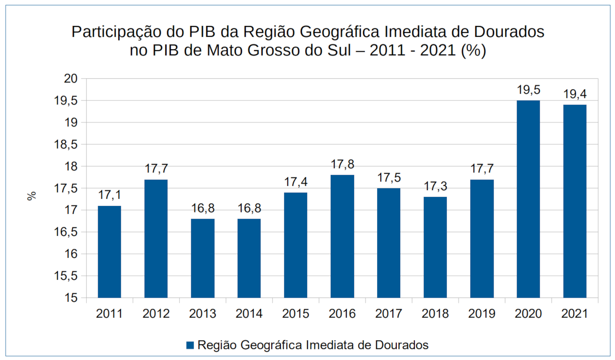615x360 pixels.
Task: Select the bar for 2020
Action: coord(528,199)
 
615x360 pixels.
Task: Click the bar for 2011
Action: coord(109,252)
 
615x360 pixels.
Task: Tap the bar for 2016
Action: coord(342,236)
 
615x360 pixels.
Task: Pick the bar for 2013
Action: coord(203,258)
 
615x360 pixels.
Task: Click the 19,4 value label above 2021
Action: coord(575,94)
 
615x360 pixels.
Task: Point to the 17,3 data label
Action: coord(435,186)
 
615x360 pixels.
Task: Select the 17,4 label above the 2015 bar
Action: coord(296,182)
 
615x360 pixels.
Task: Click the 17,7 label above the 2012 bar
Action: coord(156,169)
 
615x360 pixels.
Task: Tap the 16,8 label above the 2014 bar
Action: coord(249,208)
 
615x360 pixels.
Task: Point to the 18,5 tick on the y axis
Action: coord(66,144)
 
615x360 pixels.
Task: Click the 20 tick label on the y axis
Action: coord(71,78)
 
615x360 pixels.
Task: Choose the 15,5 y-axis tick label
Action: coord(66,276)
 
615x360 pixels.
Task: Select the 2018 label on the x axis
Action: coord(435,314)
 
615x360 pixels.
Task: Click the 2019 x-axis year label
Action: coord(482,314)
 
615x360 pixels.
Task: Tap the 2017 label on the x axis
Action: coord(389,314)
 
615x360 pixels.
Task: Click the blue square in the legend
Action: coord(190,345)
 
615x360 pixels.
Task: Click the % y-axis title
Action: coord(32,196)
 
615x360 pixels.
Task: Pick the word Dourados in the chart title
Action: coord(509,32)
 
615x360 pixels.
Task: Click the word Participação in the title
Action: coord(116,32)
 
